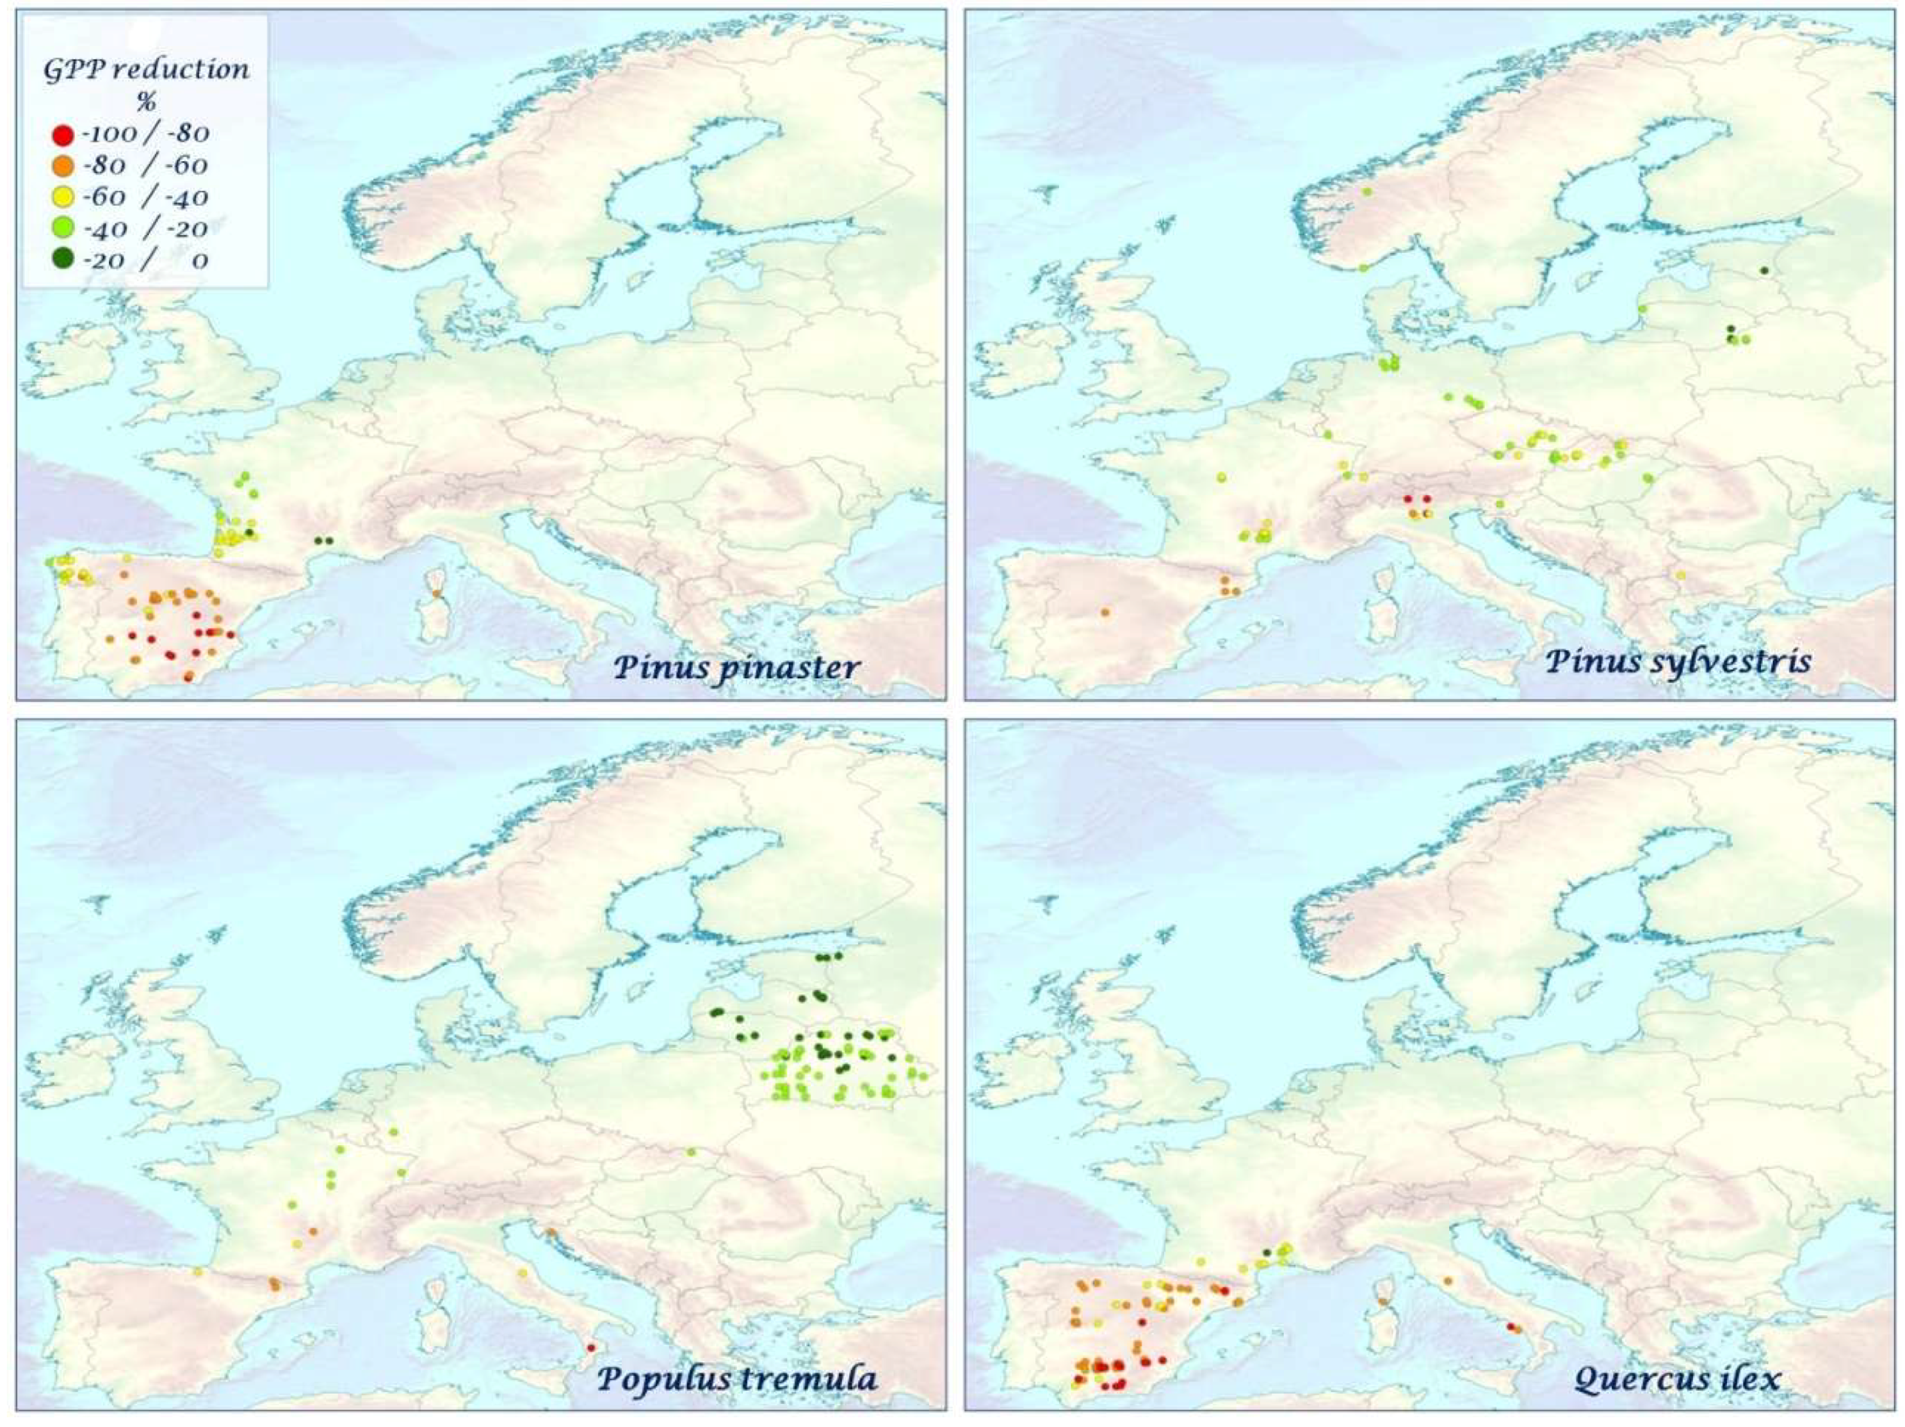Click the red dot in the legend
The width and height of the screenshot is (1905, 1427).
click(61, 135)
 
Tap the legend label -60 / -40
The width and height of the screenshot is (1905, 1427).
click(145, 197)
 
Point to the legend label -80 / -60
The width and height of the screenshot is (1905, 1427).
click(145, 165)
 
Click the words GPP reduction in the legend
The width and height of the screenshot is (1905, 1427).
click(147, 70)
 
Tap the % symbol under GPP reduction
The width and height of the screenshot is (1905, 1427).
click(147, 102)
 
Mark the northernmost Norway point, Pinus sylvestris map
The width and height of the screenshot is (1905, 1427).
click(1366, 192)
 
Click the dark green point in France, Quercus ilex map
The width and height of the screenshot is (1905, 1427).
click(1266, 1252)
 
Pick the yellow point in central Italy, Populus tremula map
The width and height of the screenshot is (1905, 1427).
click(522, 1273)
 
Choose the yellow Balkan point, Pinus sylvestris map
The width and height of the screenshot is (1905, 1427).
click(1680, 575)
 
